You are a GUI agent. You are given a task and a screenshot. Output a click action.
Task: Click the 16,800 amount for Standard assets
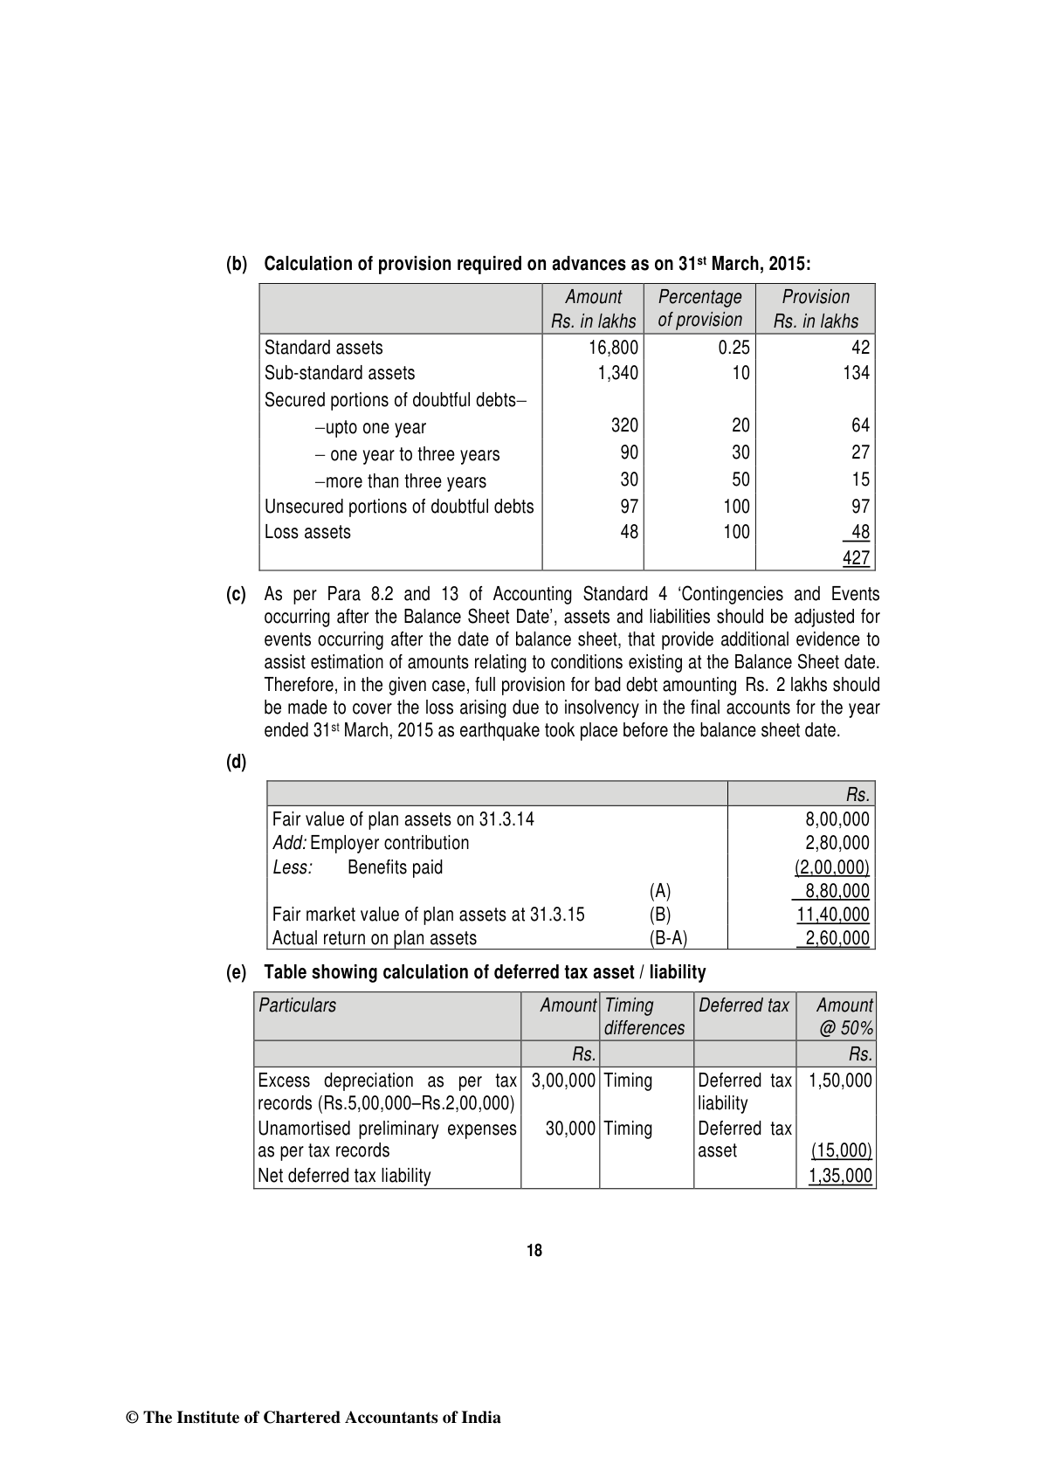[613, 348]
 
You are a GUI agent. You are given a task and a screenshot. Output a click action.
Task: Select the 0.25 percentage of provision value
[734, 348]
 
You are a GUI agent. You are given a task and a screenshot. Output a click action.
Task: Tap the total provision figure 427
[856, 558]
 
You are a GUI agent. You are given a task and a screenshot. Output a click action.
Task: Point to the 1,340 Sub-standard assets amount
[617, 373]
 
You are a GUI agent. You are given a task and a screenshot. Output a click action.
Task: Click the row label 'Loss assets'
[307, 532]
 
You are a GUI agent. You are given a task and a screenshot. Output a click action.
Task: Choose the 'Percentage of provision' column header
[699, 308]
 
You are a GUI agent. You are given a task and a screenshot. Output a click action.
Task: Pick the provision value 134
[856, 373]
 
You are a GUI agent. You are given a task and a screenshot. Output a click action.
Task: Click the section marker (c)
[236, 595]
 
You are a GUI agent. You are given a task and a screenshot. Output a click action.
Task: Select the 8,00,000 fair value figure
[837, 819]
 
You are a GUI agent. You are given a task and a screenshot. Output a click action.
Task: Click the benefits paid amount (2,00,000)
[831, 867]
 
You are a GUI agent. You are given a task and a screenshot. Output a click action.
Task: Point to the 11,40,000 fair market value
[833, 915]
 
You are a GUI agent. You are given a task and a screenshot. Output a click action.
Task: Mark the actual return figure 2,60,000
[837, 938]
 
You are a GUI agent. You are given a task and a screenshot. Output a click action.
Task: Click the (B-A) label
[668, 938]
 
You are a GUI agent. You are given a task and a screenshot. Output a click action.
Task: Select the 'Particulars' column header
[298, 1005]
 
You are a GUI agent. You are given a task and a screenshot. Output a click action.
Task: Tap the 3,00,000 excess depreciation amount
[563, 1081]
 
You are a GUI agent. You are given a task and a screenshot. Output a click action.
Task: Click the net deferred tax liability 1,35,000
[840, 1176]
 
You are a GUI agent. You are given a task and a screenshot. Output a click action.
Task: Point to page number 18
[534, 1251]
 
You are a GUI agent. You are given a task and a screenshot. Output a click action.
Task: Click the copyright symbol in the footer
[134, 1418]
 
